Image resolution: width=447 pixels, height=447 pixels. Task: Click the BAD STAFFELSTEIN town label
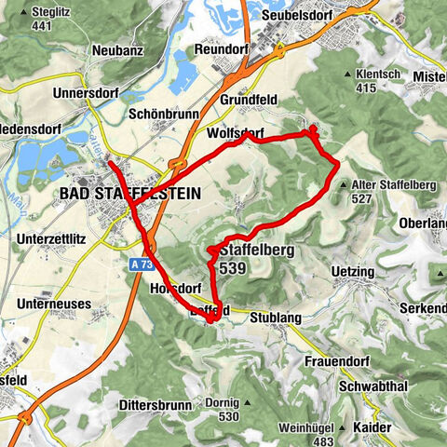128,193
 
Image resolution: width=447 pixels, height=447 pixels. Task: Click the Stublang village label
277,318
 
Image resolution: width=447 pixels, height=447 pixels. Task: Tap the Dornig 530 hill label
223,409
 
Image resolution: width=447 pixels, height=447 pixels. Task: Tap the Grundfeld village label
250,98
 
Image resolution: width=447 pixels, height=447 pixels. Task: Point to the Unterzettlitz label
55,239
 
